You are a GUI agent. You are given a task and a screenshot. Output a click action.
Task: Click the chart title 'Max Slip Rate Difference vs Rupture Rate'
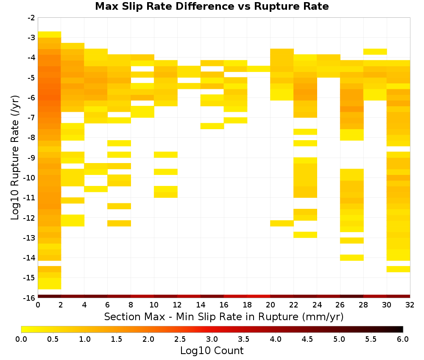tap(212, 6)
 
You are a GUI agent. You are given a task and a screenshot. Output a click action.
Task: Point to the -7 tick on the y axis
tap(32, 117)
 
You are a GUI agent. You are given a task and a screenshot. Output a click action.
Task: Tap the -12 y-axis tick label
tap(30, 218)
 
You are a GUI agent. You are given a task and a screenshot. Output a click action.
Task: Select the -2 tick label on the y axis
tap(32, 18)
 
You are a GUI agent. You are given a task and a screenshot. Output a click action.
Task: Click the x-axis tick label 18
tap(247, 305)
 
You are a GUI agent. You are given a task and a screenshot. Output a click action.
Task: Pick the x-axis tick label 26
tap(340, 305)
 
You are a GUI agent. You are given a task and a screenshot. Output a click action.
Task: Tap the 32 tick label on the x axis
tap(410, 305)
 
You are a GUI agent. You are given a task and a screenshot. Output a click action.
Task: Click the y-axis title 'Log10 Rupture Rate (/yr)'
tap(15, 158)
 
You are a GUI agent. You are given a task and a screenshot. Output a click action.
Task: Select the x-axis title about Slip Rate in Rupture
tap(224, 316)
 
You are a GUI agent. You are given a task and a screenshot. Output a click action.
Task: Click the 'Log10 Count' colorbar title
tap(212, 351)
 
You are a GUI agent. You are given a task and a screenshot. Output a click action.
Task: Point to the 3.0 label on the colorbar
tap(212, 339)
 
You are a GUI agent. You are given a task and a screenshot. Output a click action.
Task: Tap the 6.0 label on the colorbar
tap(403, 339)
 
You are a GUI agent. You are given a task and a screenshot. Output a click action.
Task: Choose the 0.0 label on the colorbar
tap(21, 339)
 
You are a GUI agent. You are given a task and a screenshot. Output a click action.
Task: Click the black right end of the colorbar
tap(401, 329)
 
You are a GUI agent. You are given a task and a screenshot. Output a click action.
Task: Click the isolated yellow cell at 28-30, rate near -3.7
tap(375, 52)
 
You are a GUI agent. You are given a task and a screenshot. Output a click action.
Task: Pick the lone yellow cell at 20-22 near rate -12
tap(282, 223)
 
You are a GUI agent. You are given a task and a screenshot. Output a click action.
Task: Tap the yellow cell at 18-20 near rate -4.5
tap(259, 69)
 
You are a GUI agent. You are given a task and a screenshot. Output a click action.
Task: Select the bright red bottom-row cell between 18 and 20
tap(259, 296)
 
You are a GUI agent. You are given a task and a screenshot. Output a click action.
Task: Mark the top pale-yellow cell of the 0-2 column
tap(50, 35)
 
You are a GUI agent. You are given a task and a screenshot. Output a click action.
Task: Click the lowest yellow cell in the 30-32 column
tap(398, 269)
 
